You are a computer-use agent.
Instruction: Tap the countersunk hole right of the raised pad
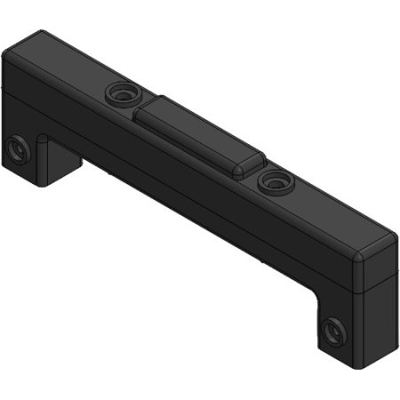pos(272,181)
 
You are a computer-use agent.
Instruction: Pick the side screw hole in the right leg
pos(333,331)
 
